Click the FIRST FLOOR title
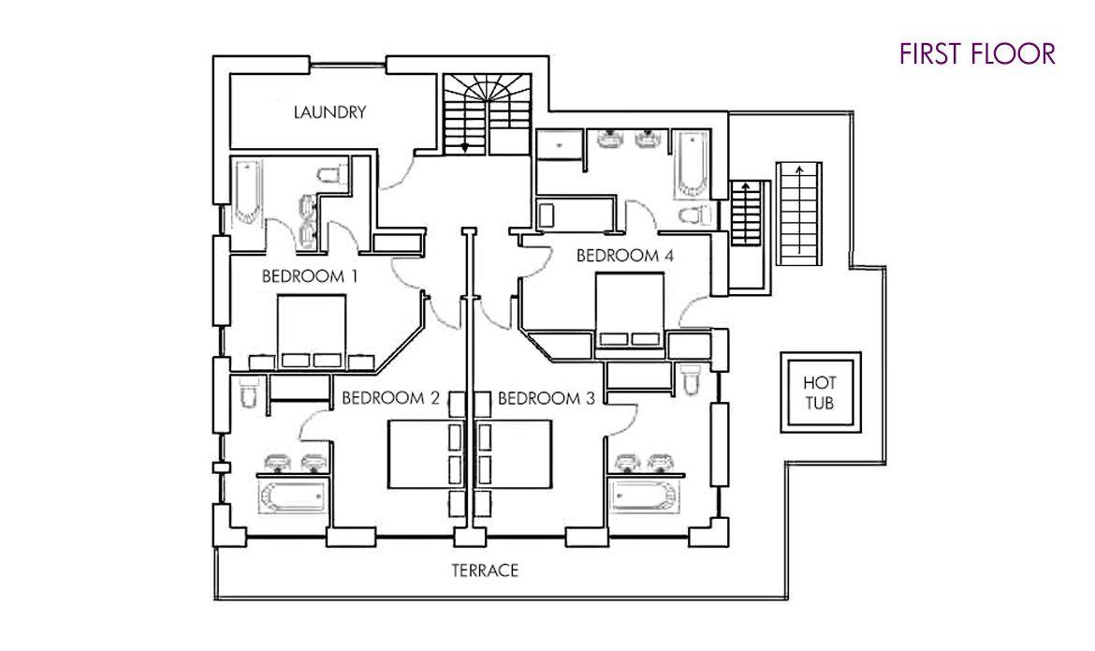(x=977, y=53)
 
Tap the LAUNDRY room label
(x=329, y=111)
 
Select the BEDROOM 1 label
(x=310, y=276)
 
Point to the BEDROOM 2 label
(x=390, y=399)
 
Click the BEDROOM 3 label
(x=547, y=399)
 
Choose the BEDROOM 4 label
(x=625, y=256)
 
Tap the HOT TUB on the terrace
(x=820, y=393)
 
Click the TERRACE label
(x=485, y=570)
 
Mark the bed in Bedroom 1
(x=313, y=333)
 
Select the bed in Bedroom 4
(x=629, y=310)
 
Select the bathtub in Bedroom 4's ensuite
(x=692, y=164)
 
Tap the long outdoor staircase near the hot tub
(x=799, y=214)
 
